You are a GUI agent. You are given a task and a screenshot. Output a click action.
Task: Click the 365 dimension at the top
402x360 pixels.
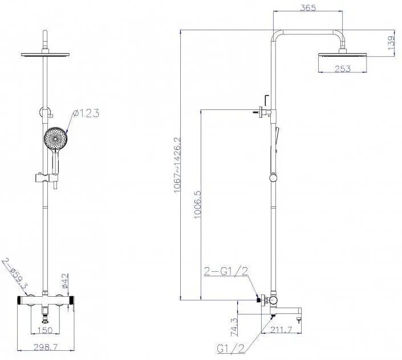(x=308, y=7)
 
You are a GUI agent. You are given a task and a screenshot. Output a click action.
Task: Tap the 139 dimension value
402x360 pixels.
(x=392, y=43)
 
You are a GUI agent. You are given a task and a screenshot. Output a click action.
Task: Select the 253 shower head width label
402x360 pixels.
(x=343, y=68)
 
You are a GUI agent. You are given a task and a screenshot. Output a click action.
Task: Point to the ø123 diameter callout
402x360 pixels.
(x=86, y=113)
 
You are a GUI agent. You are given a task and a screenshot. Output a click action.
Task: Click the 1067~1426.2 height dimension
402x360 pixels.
(x=177, y=165)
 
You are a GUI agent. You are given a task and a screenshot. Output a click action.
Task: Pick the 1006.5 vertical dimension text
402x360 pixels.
(x=198, y=204)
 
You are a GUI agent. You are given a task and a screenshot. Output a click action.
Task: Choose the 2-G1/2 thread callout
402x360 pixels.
(x=226, y=271)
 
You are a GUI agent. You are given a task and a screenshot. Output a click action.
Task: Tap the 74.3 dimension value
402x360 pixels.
(x=234, y=327)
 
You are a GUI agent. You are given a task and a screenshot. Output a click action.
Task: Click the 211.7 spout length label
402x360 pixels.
(x=281, y=330)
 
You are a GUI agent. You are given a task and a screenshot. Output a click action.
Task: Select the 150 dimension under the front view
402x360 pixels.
(x=45, y=330)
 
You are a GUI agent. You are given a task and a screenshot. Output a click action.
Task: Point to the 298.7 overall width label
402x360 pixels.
(x=46, y=347)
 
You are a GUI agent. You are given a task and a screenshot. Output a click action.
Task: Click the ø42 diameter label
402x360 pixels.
(x=65, y=281)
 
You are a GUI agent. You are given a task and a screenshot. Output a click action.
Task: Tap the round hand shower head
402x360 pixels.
(x=56, y=138)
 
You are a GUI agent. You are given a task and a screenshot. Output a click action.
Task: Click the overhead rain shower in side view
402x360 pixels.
(x=342, y=55)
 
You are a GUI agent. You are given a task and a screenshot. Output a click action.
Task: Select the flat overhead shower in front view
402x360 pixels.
(x=46, y=54)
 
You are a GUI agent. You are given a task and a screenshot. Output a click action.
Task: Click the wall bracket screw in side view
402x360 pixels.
(x=255, y=112)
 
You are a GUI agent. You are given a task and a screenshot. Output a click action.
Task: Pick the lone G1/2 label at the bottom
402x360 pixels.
(x=231, y=349)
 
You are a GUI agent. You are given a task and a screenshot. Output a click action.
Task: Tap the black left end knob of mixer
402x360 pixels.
(x=19, y=300)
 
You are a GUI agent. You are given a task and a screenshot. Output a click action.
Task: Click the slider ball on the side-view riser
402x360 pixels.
(x=273, y=178)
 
